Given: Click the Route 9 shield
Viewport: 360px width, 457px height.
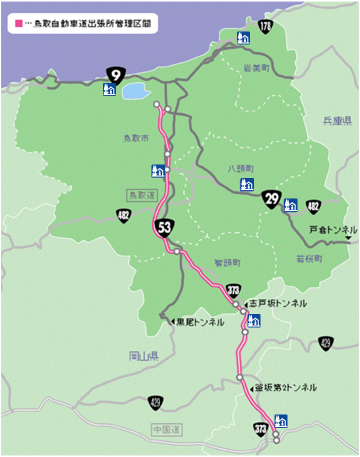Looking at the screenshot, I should tap(115, 75).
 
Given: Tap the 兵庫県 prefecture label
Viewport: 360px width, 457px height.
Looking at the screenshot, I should tap(337, 121).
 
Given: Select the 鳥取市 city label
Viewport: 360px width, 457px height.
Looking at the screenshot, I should tap(136, 138).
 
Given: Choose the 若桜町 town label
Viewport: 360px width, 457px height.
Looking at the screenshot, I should tap(308, 259).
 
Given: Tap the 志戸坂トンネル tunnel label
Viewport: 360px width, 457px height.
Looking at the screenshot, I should tap(277, 303).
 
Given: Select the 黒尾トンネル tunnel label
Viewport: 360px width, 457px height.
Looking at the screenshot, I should tap(200, 322).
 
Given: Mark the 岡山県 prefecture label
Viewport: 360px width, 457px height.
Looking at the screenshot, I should tap(143, 355).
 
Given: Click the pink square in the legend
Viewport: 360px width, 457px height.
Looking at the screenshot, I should tap(19, 23).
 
